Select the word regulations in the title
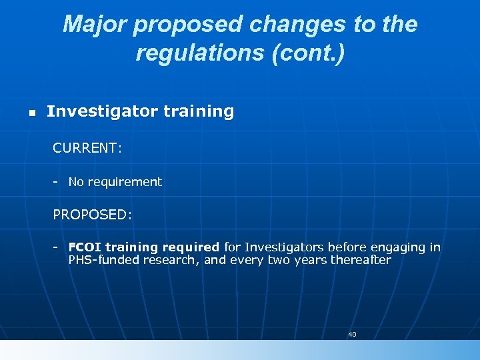198,53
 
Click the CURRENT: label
87,148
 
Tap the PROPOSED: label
93,215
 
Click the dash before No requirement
57,181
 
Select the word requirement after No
125,181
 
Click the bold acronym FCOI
85,247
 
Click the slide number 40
352,334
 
